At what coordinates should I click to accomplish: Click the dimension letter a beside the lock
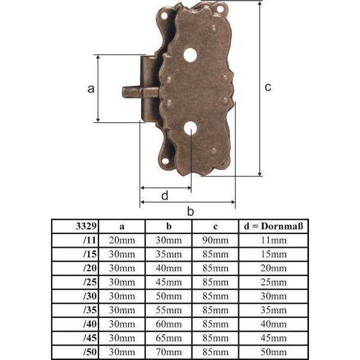[91, 89]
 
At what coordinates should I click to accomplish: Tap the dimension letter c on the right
[268, 87]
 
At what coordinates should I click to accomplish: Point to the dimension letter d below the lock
[165, 196]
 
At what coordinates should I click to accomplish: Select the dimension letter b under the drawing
[190, 211]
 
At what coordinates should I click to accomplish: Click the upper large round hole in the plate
[190, 55]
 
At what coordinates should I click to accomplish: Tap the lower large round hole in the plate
[191, 128]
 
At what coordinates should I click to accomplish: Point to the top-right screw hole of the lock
[220, 9]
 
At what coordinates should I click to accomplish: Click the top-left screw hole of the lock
[164, 16]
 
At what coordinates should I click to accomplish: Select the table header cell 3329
[86, 226]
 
